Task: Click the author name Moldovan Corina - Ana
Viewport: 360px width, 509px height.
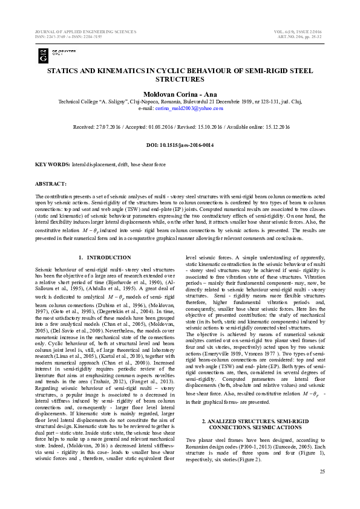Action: pos(180,94)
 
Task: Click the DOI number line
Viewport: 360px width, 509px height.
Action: pos(180,146)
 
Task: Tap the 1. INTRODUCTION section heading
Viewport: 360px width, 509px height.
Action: pos(105,258)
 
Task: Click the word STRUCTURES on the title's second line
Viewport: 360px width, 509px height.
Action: pos(180,79)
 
